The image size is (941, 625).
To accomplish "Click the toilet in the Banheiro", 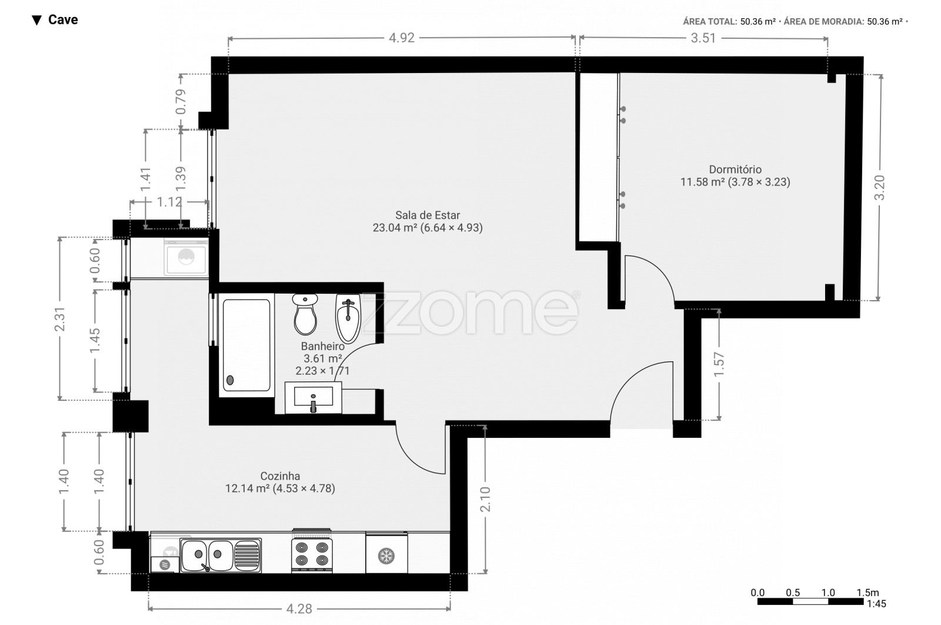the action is [x=305, y=314].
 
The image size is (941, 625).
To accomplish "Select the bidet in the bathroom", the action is [x=348, y=318].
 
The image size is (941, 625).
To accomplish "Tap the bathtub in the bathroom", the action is [x=246, y=345].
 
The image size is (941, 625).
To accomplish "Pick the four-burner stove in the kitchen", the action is [x=312, y=551].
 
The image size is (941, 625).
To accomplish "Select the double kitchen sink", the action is [x=221, y=555].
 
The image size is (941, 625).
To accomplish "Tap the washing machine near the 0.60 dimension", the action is [x=186, y=257].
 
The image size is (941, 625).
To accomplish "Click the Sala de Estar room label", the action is [x=427, y=215].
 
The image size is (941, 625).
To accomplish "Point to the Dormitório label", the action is [x=735, y=169].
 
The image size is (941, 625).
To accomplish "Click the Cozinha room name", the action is [x=280, y=476].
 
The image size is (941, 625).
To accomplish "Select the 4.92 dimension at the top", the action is [x=402, y=38].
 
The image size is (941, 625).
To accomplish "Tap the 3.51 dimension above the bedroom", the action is [x=703, y=38].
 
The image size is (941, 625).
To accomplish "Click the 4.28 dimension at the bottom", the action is [x=299, y=609].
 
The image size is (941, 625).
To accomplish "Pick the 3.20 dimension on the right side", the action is [x=879, y=188].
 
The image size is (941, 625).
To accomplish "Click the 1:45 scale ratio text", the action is [x=877, y=604].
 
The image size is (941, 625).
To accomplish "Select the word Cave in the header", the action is [x=63, y=20].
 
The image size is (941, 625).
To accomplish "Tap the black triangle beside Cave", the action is [x=37, y=20].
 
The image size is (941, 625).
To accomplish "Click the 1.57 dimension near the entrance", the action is [x=719, y=364].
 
